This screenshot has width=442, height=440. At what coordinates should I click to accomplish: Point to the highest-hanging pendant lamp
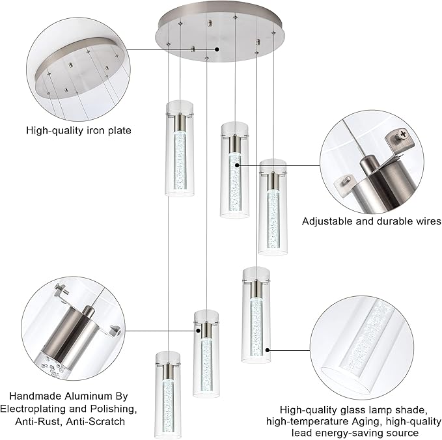(179, 148)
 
